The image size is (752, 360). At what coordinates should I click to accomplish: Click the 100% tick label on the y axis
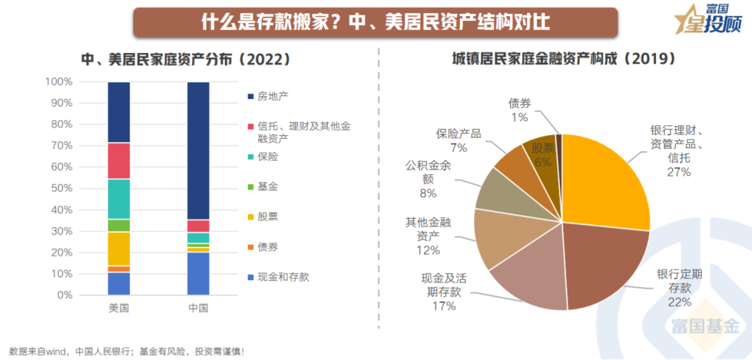click(58, 82)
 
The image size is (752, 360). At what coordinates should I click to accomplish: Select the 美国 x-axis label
click(118, 308)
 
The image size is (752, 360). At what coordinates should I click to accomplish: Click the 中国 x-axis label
click(198, 308)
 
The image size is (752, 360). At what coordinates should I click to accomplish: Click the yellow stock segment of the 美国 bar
click(119, 249)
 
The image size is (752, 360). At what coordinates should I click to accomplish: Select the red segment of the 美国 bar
click(119, 161)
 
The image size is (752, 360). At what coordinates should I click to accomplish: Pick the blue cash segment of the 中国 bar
click(198, 274)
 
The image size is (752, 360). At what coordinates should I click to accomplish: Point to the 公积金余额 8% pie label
click(428, 180)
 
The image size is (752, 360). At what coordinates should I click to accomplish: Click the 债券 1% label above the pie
click(519, 110)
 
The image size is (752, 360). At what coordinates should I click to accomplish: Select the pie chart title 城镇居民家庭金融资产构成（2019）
click(562, 59)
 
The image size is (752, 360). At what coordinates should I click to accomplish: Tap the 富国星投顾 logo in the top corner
click(710, 21)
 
